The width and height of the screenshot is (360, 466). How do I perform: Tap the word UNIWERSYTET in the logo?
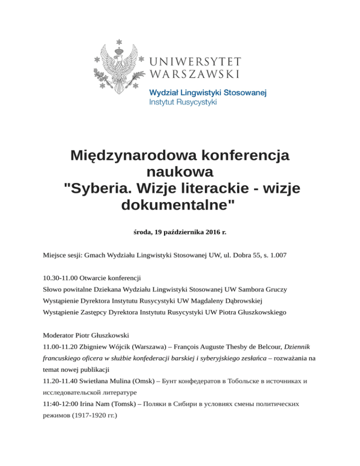coord(195,62)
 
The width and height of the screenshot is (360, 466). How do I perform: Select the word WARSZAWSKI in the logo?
coord(195,74)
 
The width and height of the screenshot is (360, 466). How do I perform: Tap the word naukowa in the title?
coord(180,171)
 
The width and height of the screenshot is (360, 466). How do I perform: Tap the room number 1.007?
coord(277,256)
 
